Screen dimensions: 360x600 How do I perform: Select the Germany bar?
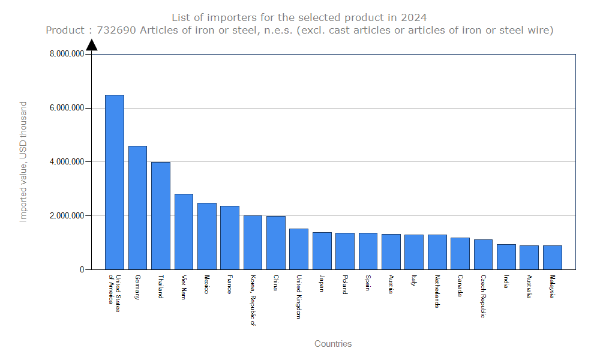pos(137,208)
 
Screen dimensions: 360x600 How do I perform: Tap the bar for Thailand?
pos(161,215)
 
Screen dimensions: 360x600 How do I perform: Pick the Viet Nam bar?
pos(184,232)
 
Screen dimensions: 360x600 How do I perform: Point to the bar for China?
pos(276,242)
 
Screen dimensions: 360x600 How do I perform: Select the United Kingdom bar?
pos(299,249)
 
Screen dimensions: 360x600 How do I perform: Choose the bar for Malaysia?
pos(553,257)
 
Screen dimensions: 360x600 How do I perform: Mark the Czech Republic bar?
pos(483,254)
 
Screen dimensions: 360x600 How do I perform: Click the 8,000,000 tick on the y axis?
pos(67,54)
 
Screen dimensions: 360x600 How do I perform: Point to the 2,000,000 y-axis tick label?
pos(67,216)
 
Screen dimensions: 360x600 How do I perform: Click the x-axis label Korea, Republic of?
pos(253,301)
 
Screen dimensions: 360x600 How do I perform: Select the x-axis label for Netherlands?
pos(437,292)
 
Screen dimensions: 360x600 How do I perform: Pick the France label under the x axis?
pos(230,284)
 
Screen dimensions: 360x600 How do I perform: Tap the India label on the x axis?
pos(506,281)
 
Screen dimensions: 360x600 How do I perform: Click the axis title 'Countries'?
pos(333,344)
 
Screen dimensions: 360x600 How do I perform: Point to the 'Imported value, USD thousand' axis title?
pos(23,161)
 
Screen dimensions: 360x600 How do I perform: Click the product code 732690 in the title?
pos(116,30)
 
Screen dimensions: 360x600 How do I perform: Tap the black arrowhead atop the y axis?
pos(91,44)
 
